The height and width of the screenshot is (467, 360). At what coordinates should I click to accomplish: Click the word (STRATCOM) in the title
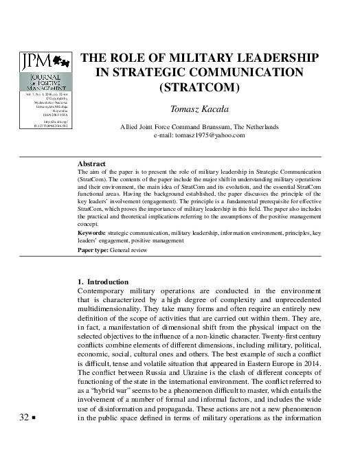(x=200, y=87)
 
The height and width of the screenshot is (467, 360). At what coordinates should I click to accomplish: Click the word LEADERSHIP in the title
(x=274, y=57)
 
